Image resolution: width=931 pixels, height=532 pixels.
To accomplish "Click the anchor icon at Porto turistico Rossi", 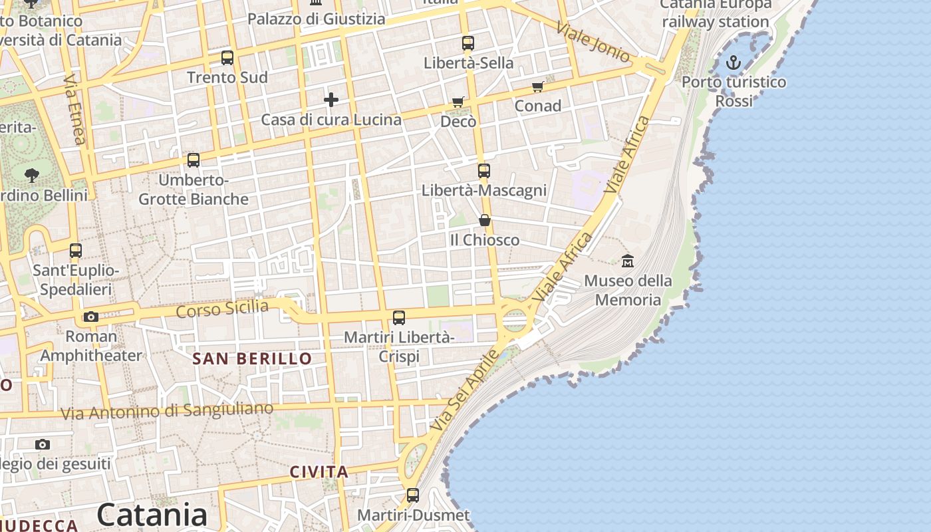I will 733,63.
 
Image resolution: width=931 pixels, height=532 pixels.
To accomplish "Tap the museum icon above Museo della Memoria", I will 627,261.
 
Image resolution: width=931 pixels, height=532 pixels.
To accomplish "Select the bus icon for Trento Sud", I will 227,58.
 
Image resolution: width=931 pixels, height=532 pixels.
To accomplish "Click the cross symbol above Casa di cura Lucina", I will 331,100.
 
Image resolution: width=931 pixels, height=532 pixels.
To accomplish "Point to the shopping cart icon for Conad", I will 538,86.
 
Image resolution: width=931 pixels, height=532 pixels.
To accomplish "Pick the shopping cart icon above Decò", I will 458,102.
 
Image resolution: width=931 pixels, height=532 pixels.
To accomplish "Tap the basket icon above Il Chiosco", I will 485,220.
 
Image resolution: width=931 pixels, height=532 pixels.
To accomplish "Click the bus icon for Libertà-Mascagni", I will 484,171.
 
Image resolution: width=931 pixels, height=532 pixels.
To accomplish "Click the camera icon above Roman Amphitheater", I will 91,317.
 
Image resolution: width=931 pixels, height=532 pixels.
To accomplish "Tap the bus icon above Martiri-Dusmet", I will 413,495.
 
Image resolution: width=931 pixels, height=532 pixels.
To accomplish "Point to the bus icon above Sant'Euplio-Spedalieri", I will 76,251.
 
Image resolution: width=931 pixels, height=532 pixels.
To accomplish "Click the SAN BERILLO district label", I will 252,359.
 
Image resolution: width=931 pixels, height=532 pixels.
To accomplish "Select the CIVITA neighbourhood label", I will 319,472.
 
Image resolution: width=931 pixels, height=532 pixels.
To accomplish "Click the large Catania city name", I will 152,515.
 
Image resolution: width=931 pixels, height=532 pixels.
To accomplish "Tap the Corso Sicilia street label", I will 222,309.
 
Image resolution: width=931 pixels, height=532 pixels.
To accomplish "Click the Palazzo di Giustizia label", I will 317,19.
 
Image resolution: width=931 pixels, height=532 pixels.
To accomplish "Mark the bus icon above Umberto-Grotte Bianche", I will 194,160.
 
